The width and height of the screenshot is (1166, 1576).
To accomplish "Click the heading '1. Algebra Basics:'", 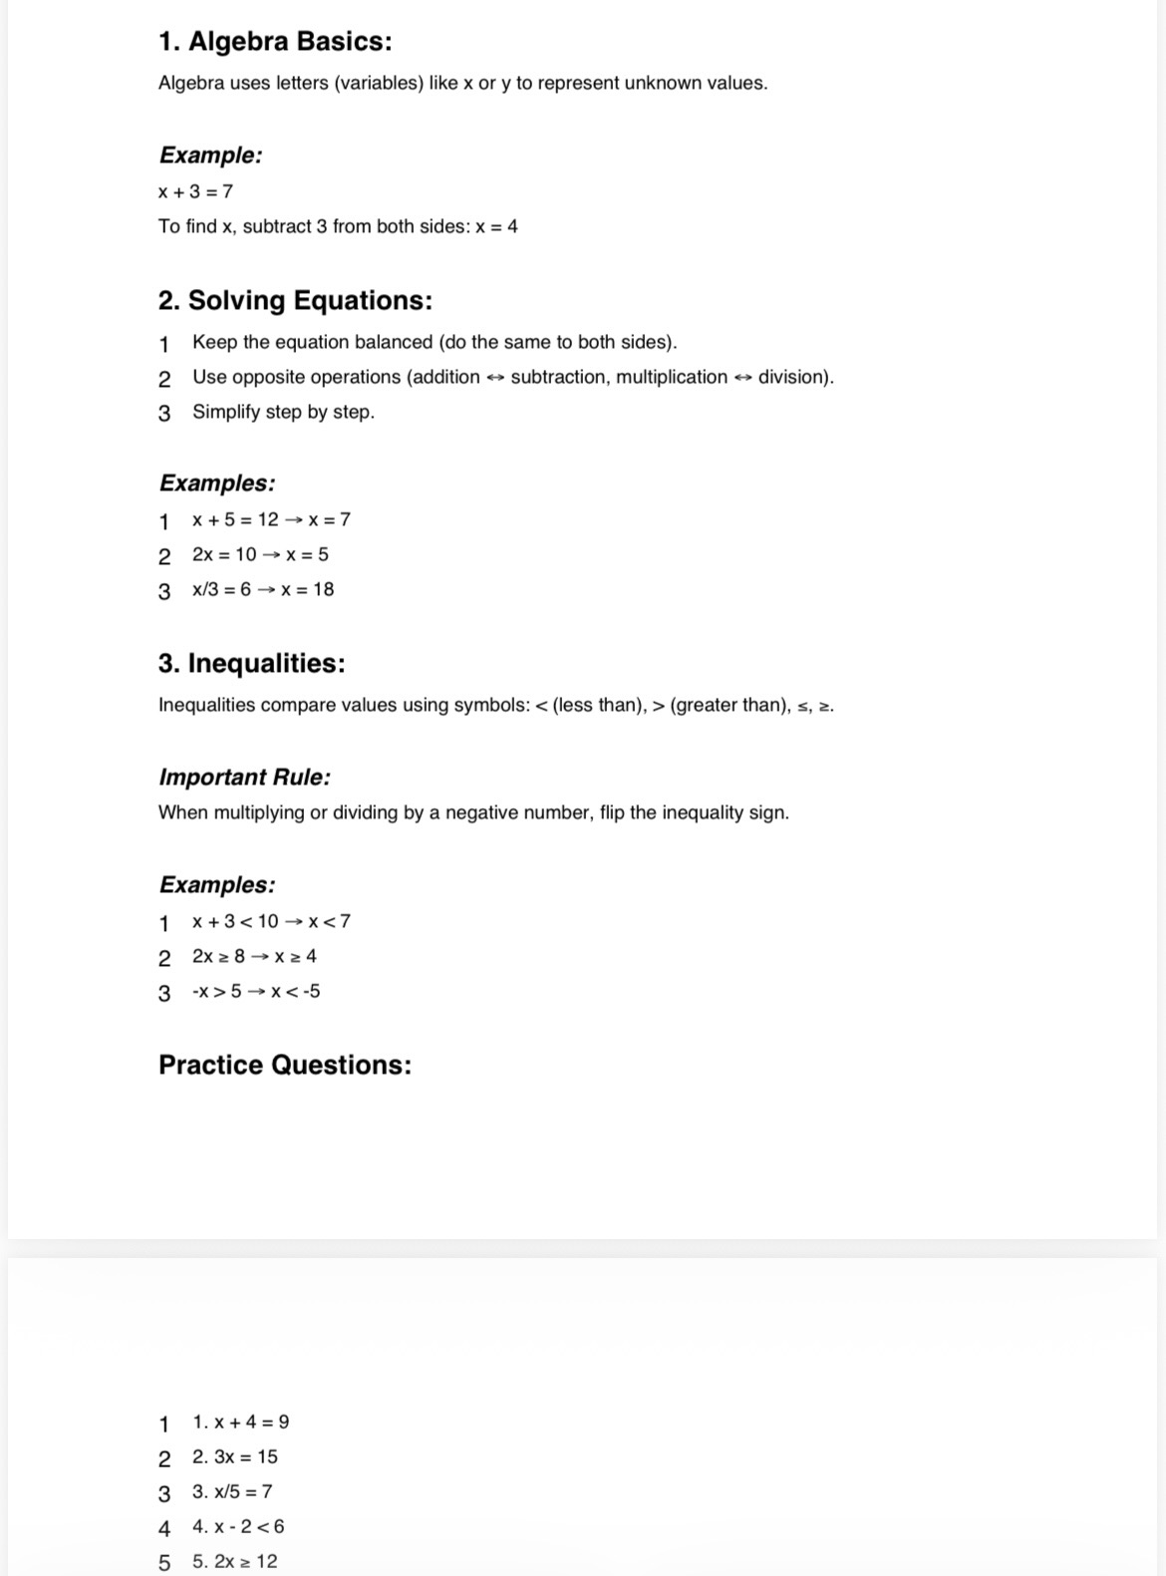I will [275, 42].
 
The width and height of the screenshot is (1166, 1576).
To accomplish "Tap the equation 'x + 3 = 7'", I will [195, 191].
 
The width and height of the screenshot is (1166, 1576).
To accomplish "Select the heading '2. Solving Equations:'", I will [295, 301].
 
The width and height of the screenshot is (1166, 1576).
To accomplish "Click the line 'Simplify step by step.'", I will [283, 412].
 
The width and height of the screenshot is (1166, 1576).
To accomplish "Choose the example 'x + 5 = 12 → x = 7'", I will [271, 519].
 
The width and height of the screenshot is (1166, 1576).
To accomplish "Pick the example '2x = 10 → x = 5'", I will [260, 554].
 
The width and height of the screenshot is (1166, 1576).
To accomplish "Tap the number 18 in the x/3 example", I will [323, 589].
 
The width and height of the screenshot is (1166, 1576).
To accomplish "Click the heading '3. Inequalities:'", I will [251, 664].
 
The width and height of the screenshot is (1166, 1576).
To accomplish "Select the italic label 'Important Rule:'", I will [244, 778].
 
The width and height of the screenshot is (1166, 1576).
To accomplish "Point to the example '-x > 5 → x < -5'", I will [256, 991].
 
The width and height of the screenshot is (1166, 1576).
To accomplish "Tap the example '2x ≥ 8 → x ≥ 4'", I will [254, 956].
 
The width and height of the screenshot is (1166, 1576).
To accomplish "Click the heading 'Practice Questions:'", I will [285, 1066].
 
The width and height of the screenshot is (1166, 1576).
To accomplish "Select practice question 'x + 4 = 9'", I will [241, 1421].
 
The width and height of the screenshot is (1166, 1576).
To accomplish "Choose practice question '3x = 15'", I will [235, 1456].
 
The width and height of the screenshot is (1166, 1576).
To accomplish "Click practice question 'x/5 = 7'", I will [232, 1491].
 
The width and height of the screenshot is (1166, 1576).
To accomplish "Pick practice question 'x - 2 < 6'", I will [238, 1526].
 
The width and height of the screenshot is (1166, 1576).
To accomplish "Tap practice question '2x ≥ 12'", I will [235, 1561].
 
